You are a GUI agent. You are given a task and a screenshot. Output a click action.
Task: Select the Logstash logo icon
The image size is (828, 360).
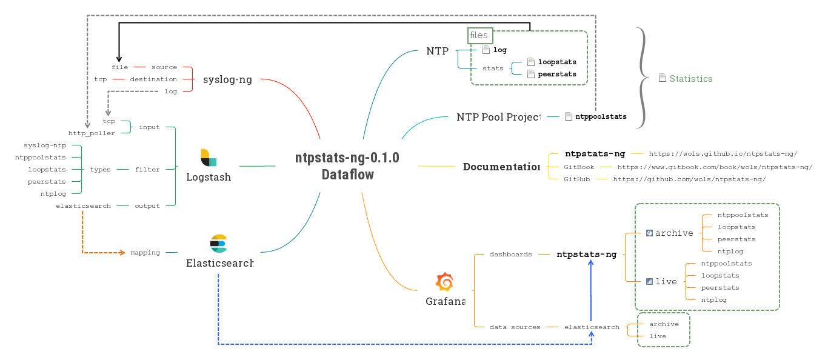pyautogui.click(x=209, y=157)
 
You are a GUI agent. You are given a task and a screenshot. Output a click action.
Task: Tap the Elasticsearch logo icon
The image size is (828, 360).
pyautogui.click(x=218, y=243)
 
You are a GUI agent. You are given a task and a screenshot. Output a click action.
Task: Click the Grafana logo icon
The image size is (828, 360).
pyautogui.click(x=444, y=282)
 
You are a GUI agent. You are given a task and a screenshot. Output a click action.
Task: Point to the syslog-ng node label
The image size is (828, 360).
pyautogui.click(x=227, y=79)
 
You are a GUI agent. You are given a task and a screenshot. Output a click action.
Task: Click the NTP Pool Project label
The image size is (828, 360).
pyautogui.click(x=498, y=117)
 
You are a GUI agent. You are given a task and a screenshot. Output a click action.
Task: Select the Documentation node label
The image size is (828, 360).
pyautogui.click(x=501, y=167)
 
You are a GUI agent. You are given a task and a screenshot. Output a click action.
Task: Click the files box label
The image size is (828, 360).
pyautogui.click(x=479, y=35)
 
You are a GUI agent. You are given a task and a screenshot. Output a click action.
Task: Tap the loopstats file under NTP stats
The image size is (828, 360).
pyautogui.click(x=556, y=62)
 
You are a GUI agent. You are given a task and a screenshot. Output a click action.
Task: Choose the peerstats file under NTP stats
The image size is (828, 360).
pyautogui.click(x=556, y=74)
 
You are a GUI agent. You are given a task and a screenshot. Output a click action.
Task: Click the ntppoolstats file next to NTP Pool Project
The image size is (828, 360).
pyautogui.click(x=600, y=116)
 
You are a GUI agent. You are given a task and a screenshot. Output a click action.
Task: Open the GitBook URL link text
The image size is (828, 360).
pyautogui.click(x=714, y=167)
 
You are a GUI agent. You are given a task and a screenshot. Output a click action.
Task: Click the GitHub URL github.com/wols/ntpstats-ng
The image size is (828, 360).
pyautogui.click(x=689, y=179)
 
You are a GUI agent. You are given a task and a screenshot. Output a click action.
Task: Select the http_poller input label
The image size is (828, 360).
pyautogui.click(x=92, y=133)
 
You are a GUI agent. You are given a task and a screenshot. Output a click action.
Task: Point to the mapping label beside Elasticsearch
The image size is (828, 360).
pyautogui.click(x=145, y=253)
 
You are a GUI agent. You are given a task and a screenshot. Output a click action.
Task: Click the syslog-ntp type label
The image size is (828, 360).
pyautogui.click(x=44, y=145)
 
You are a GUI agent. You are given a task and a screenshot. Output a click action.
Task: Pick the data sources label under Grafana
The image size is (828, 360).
pyautogui.click(x=515, y=327)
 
